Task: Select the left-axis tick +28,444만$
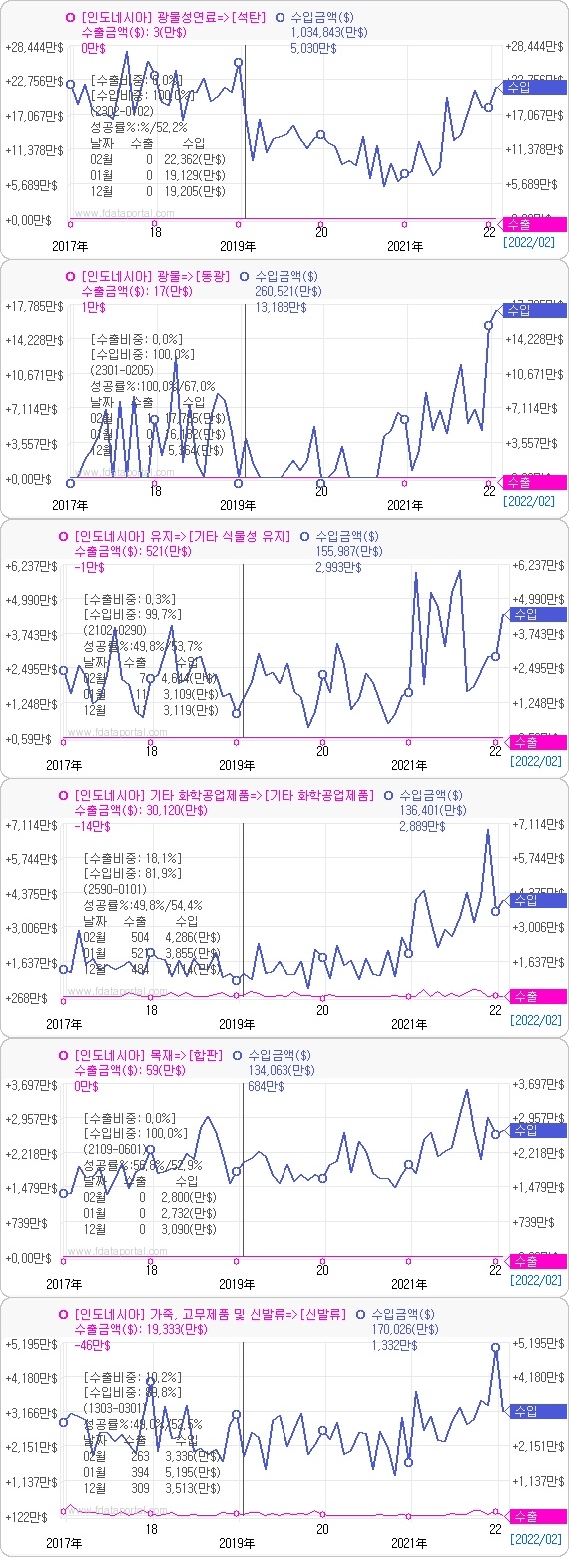[33, 47]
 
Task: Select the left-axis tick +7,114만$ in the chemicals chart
[33, 825]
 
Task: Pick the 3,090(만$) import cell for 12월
[189, 1229]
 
